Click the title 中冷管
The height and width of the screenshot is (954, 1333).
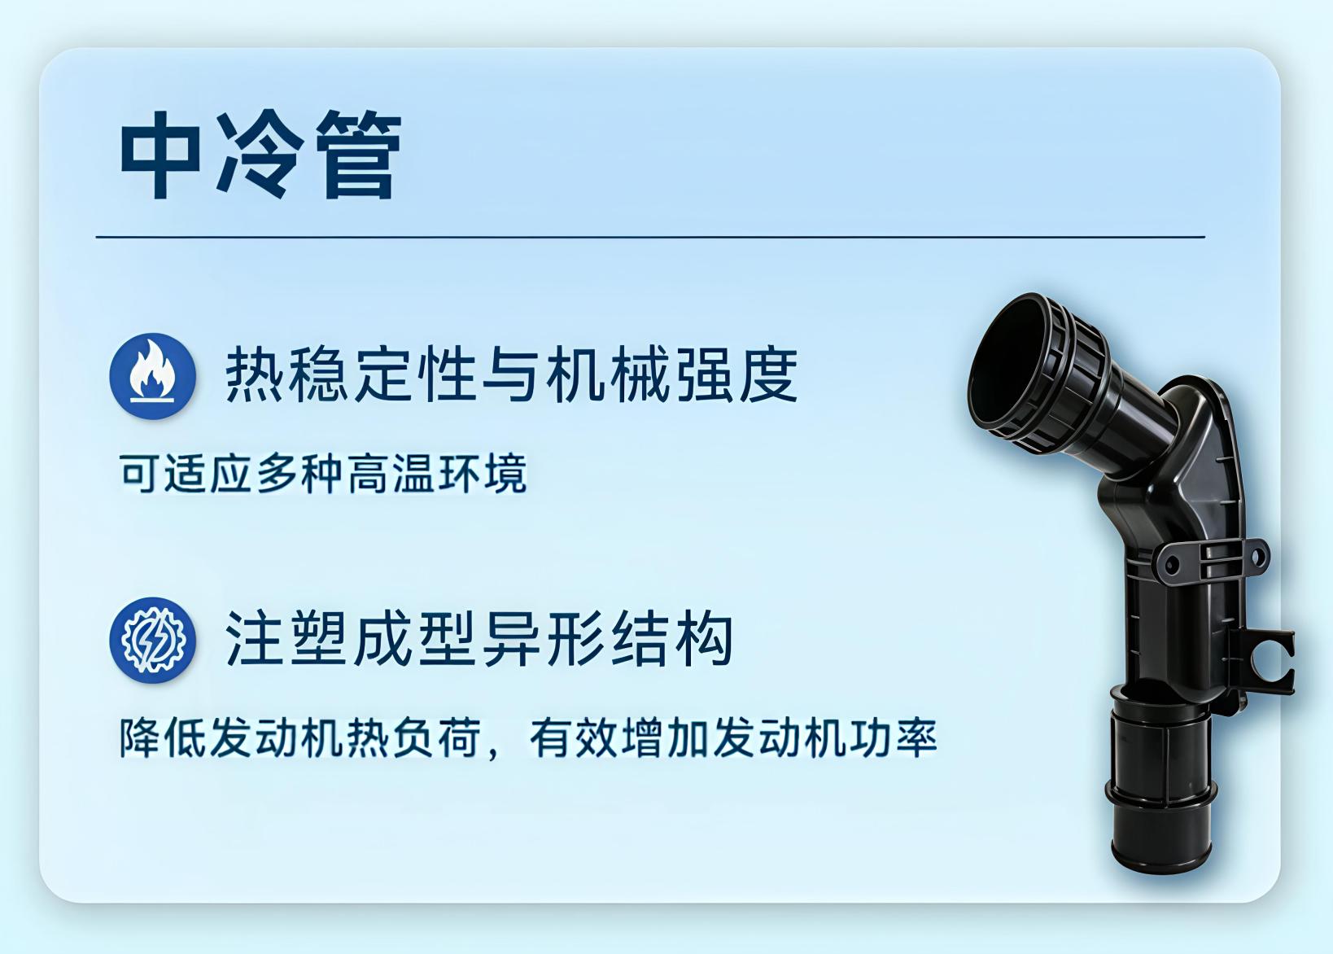[x=261, y=154]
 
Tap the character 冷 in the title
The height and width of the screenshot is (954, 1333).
[x=260, y=154]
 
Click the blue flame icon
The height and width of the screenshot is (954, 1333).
[x=153, y=376]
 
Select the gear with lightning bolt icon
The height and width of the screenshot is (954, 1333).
[x=153, y=640]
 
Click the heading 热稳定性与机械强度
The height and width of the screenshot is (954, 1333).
[x=511, y=375]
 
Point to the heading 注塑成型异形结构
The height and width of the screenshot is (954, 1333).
[x=479, y=640]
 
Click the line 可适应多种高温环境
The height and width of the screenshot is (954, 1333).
[x=323, y=474]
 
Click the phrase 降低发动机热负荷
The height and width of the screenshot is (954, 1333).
[x=300, y=738]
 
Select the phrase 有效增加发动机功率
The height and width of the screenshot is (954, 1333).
[x=733, y=738]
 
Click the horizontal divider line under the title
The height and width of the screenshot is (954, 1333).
[x=650, y=238]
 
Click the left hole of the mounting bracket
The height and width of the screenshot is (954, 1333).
[x=1170, y=564]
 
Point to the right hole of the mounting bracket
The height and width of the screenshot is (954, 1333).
[x=1257, y=557]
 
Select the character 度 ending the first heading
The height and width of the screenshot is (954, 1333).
[x=768, y=375]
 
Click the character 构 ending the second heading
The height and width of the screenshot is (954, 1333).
[x=703, y=640]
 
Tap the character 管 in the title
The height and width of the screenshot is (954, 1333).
[x=358, y=154]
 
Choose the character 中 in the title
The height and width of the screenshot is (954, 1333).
[x=160, y=154]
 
